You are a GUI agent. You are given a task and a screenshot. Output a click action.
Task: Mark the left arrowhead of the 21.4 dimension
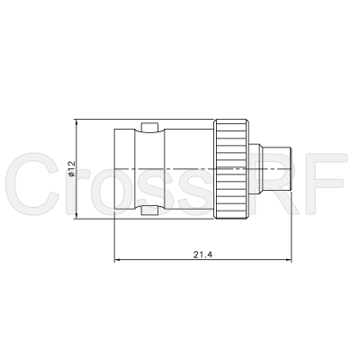(x=119, y=262)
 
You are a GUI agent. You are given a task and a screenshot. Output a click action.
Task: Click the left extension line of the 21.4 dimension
(x=115, y=236)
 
